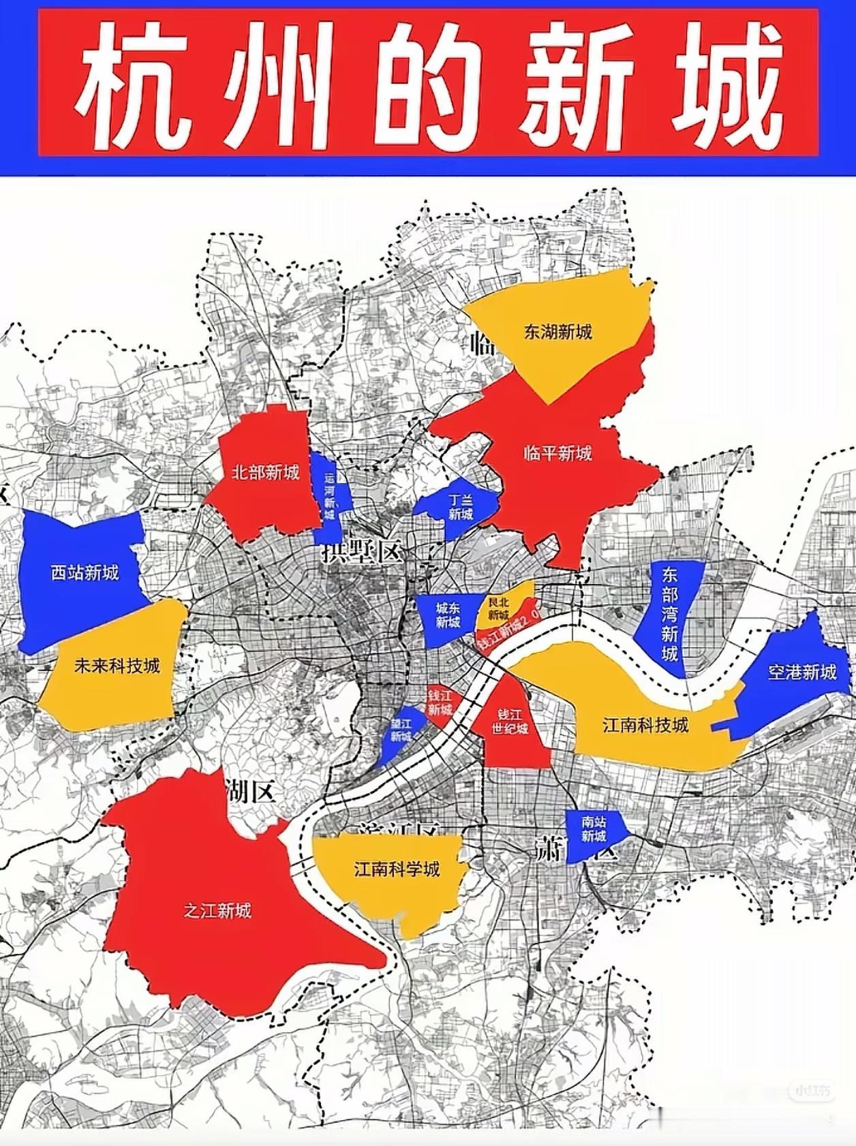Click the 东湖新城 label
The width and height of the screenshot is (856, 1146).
point(557,332)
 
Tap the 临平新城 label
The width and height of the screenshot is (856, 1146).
point(557,453)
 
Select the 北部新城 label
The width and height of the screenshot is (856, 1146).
point(265,472)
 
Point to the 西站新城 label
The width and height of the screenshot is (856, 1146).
point(85,572)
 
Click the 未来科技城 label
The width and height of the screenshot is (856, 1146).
point(117,665)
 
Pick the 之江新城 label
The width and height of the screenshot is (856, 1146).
point(217,910)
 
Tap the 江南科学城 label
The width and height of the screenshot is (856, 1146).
point(397,869)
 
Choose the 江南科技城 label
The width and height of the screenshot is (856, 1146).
point(645,724)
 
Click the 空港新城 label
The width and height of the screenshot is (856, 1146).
point(801,672)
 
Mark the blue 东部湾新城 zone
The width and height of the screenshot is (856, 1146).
point(669,613)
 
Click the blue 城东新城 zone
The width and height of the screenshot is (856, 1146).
point(448,616)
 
